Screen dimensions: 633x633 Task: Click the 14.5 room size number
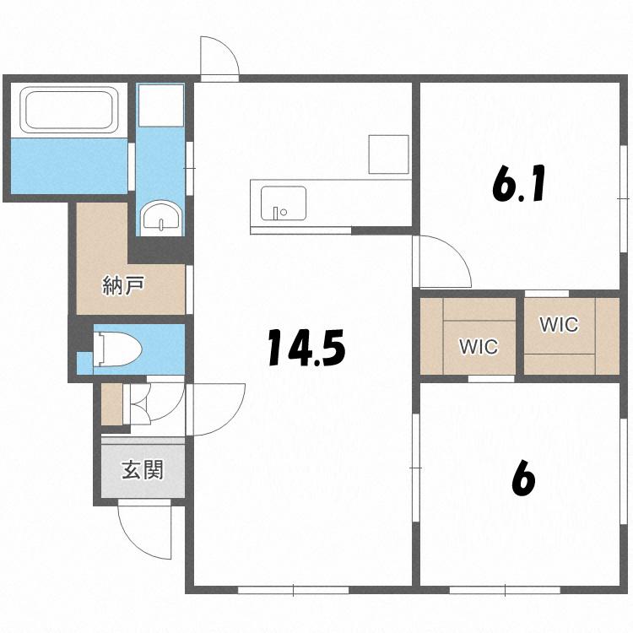tap(306, 348)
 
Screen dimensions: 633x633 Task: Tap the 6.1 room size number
tap(519, 183)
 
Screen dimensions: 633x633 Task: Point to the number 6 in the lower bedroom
tap(523, 479)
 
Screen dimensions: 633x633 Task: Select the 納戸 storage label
tap(122, 285)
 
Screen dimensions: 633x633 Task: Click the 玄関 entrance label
tap(143, 469)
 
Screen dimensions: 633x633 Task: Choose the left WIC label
tap(479, 346)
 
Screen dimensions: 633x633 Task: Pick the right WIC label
tap(559, 324)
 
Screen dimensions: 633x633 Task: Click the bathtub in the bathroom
tap(68, 110)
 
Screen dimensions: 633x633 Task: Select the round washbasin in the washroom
tap(161, 217)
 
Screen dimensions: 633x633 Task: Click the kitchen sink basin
tap(283, 203)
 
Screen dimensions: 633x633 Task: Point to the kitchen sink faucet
tap(276, 213)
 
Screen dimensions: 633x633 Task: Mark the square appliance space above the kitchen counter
tap(388, 154)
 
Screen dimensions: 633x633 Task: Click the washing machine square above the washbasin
tap(161, 105)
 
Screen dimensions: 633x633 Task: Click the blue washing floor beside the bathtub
tap(69, 166)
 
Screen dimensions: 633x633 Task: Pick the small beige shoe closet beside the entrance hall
tap(111, 404)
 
